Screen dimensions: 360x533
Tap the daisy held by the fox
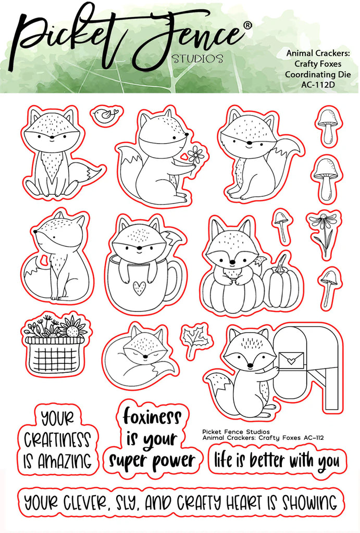tap(195, 155)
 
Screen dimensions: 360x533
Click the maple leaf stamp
tap(195, 338)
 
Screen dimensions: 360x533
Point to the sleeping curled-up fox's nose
tap(145, 357)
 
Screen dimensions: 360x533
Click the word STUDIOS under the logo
tap(197, 58)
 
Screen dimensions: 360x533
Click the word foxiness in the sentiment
tap(152, 416)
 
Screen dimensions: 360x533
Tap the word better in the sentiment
tap(267, 461)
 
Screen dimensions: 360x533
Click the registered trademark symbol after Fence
tap(248, 25)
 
